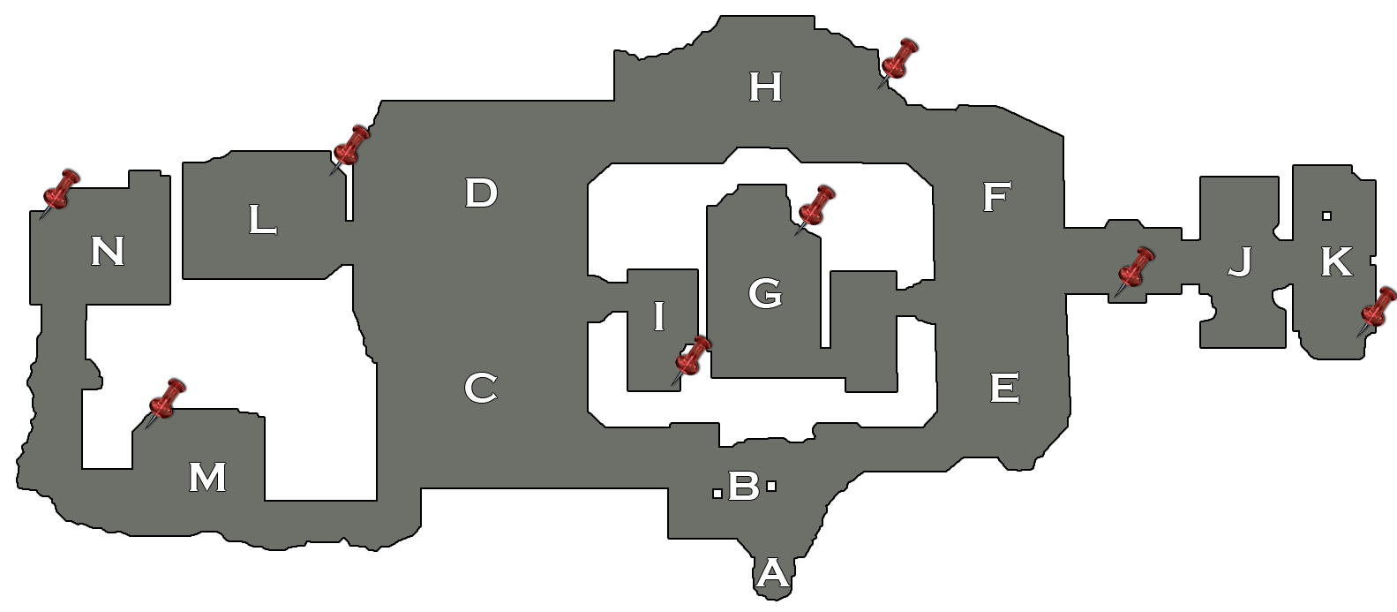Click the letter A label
[x=772, y=575]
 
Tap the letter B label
[x=743, y=486]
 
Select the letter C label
[x=480, y=388]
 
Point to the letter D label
[x=481, y=193]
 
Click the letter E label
[x=1004, y=387]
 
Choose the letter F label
[x=995, y=198]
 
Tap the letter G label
[x=764, y=293]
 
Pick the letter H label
[x=765, y=87]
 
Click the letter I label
[x=658, y=317]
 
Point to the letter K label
[x=1335, y=262]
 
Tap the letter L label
[x=261, y=221]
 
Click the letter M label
[x=207, y=478]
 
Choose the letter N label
[x=108, y=253]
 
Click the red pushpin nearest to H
[x=897, y=63]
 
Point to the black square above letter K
[x=1326, y=215]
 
